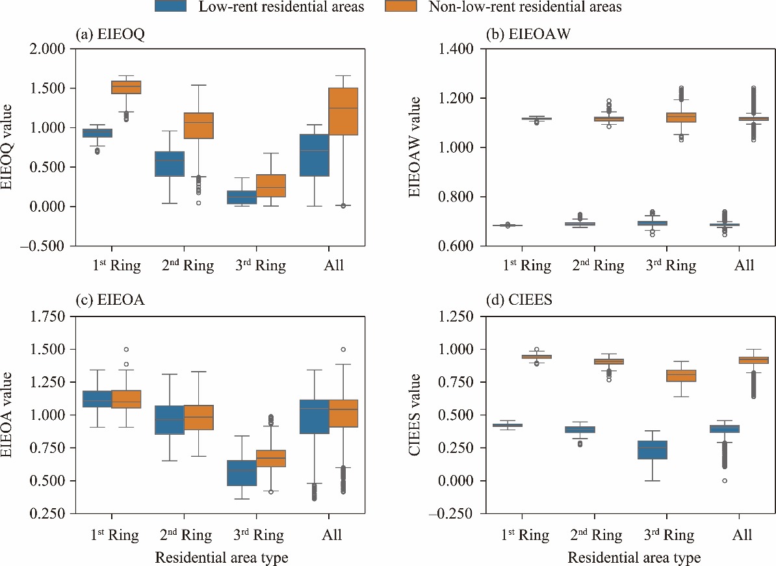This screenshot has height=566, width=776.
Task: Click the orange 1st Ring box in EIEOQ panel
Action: [x=127, y=87]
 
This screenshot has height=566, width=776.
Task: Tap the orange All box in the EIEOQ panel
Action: [x=344, y=111]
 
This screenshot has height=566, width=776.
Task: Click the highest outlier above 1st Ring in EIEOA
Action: [x=126, y=350]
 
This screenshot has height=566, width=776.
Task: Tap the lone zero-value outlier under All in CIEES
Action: [x=725, y=480]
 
